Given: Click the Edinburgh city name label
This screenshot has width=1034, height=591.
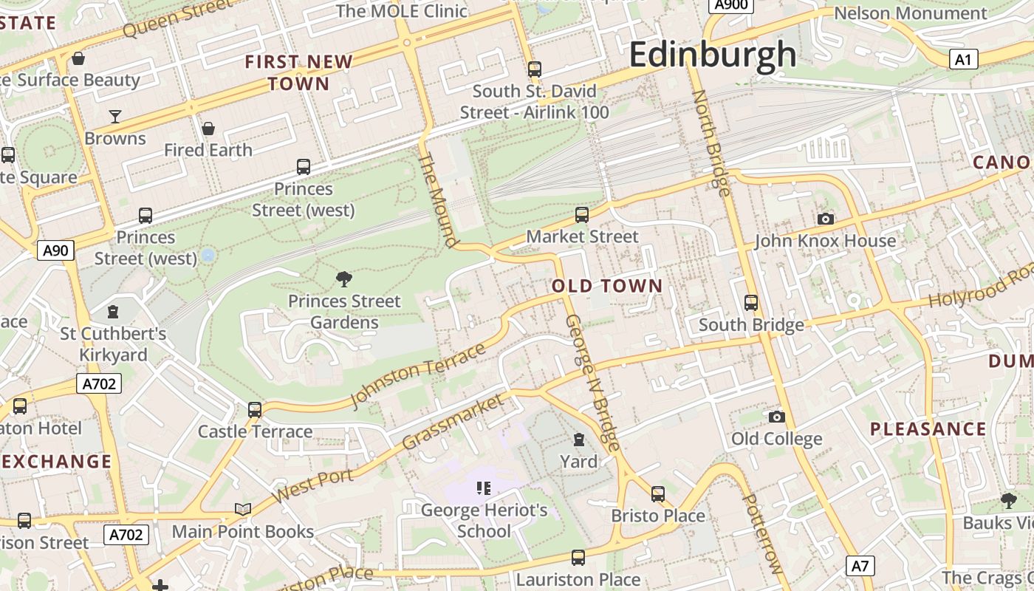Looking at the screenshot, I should point(713,55).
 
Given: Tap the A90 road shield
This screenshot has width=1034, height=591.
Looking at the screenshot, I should point(55,250).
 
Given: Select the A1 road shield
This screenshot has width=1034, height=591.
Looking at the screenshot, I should point(963,59).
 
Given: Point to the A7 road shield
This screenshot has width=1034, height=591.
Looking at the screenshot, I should point(860,567).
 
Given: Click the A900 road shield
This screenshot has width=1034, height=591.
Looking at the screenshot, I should point(730,5).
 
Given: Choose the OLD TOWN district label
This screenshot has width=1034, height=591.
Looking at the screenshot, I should point(607,286).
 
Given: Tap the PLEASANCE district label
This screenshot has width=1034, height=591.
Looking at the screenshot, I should point(928,429).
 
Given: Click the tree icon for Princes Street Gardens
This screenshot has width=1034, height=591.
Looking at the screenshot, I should point(343,279).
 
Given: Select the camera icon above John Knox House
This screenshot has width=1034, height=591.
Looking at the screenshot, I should point(826,219).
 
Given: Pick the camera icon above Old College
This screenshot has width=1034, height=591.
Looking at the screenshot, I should point(776,417).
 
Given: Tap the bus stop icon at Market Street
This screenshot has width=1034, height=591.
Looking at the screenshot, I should point(582,215).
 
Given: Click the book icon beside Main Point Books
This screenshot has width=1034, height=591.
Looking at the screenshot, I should point(242,509).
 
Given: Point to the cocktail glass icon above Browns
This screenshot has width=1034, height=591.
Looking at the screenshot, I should point(115,116).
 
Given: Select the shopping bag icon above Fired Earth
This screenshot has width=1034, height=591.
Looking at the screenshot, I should point(208,129).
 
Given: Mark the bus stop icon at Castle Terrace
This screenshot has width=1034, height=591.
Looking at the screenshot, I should point(255,409).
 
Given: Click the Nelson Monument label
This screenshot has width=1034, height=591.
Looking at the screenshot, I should point(910,13).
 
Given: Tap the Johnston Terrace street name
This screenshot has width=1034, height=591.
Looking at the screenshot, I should point(418,375).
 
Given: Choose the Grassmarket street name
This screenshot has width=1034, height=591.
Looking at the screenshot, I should point(453,422).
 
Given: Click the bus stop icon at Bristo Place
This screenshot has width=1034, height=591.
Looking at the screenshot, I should point(657,493).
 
